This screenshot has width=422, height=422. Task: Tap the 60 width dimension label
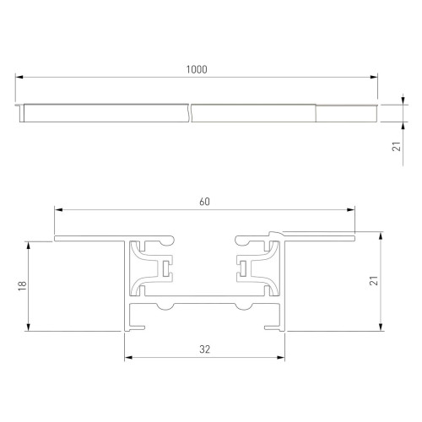pyautogui.click(x=204, y=201)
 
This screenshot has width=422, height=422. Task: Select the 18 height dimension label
pyautogui.click(x=20, y=287)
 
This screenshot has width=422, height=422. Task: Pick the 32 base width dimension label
pyautogui.click(x=205, y=348)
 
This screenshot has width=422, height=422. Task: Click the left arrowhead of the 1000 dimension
pyautogui.click(x=19, y=78)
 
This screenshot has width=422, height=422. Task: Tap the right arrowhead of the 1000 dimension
pyautogui.click(x=374, y=78)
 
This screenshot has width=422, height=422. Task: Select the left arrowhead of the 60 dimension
pyautogui.click(x=57, y=209)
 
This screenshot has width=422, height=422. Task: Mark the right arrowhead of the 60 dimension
pyautogui.click(x=352, y=209)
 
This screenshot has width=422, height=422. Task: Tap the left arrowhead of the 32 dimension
pyautogui.click(x=129, y=357)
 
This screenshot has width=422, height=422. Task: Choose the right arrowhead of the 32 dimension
pyautogui.click(x=281, y=357)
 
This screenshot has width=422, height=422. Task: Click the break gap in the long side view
pyautogui.click(x=190, y=112)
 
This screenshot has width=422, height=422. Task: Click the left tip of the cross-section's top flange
pyautogui.click(x=56, y=239)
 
